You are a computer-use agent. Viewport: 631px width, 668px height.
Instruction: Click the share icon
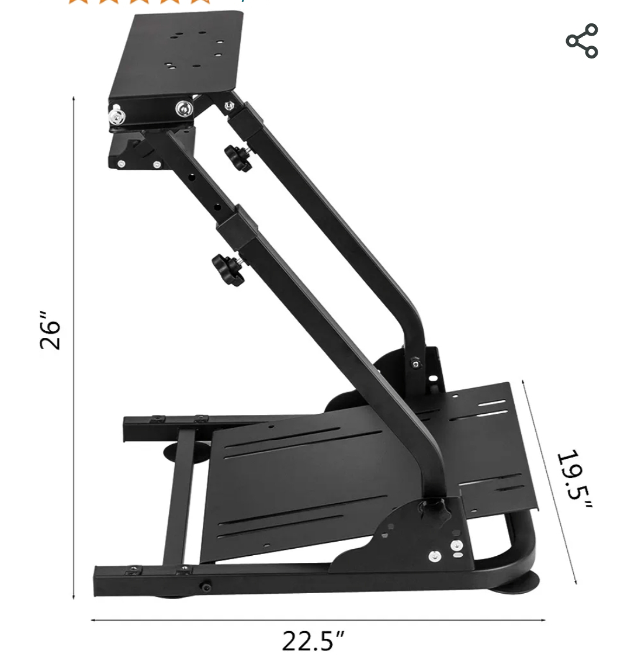tap(582, 41)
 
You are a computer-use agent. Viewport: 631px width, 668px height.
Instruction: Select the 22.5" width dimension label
tap(314, 641)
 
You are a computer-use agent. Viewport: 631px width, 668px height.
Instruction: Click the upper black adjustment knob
tap(237, 158)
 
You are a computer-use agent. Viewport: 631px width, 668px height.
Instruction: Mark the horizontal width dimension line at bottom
tap(318, 619)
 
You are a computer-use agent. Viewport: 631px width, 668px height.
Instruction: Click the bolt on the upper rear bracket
tap(415, 364)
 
